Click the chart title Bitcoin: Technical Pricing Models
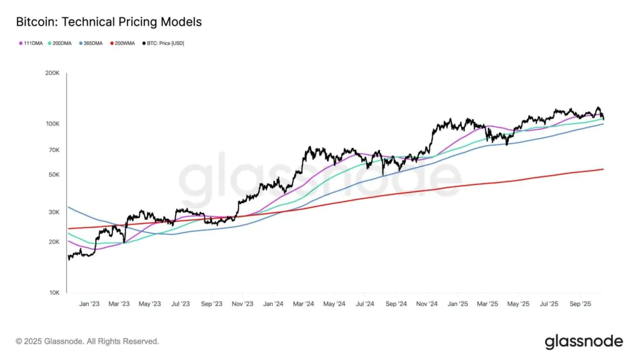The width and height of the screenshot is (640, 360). coord(109,22)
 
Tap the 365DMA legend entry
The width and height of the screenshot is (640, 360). coord(91,43)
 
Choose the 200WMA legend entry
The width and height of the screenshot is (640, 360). coord(123,43)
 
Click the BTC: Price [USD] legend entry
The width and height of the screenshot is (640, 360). coord(164,43)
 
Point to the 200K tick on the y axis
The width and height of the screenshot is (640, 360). coord(52,74)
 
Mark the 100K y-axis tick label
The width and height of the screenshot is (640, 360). coord(52,124)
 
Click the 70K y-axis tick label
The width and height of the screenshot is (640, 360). coord(54,150)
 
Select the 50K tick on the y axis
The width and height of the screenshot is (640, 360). coord(54,174)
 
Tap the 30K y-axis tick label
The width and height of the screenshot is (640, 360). coord(54,212)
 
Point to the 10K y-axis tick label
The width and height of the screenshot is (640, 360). coord(54,292)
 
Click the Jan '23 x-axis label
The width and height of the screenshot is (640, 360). coord(89,304)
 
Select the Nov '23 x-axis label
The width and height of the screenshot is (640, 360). coord(242,304)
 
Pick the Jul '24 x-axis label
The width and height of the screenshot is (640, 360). coord(364,304)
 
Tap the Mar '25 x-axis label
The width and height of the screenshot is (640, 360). coord(487,304)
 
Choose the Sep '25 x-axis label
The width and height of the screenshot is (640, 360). coord(579,304)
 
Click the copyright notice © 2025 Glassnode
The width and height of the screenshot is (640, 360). coord(87,341)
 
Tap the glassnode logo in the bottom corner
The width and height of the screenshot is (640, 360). coord(584,341)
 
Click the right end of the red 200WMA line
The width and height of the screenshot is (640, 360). coord(602,169)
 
